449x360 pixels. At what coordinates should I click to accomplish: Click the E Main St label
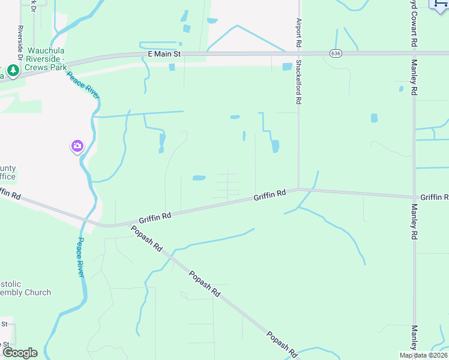(x=164, y=54)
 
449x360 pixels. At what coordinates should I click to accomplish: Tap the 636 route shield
(x=336, y=53)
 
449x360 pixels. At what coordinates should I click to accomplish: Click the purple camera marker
(x=77, y=146)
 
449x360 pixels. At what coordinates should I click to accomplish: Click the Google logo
(x=19, y=352)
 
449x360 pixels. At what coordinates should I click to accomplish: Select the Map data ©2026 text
(x=423, y=355)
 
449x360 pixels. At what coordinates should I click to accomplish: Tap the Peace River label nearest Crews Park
(x=83, y=86)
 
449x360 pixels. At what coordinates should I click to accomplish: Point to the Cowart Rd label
(x=414, y=24)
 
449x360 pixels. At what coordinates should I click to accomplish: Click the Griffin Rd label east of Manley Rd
(x=434, y=197)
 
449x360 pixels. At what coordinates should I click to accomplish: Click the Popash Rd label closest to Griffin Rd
(x=146, y=238)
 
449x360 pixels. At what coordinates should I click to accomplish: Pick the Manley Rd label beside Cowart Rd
(x=414, y=77)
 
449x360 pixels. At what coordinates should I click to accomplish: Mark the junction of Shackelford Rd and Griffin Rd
(x=298, y=189)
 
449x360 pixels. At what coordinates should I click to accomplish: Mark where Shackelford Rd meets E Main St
(x=298, y=53)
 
